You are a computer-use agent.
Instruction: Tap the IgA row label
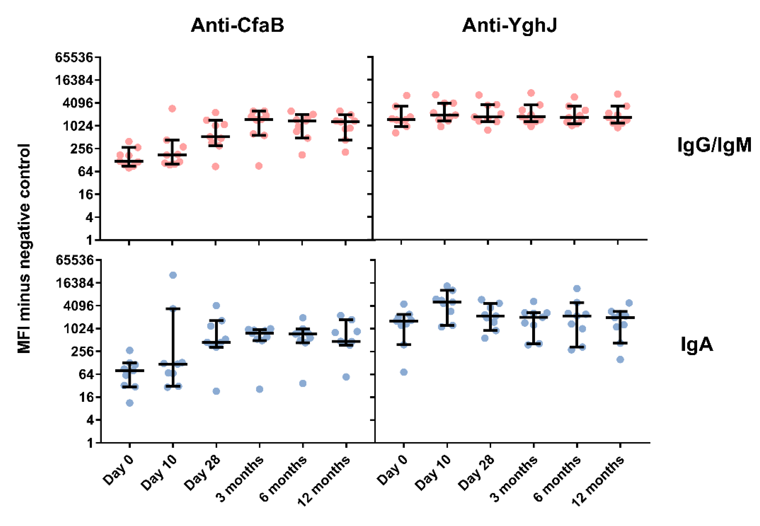[x=697, y=345]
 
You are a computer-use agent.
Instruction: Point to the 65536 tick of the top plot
[x=74, y=57]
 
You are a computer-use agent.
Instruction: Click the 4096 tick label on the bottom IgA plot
[x=78, y=305]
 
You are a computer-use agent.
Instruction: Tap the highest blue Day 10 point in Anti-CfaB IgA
[x=173, y=275]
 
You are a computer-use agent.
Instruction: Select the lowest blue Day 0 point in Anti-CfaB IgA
[x=130, y=403]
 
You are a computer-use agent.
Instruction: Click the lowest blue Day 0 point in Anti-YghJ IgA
[x=404, y=372]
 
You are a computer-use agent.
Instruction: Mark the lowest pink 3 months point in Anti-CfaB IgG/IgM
[x=259, y=166]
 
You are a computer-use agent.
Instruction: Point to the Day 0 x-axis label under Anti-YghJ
[x=392, y=470]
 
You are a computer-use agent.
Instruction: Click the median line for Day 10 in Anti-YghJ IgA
[x=447, y=302]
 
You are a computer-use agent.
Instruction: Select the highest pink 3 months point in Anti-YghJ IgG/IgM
[x=531, y=93]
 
